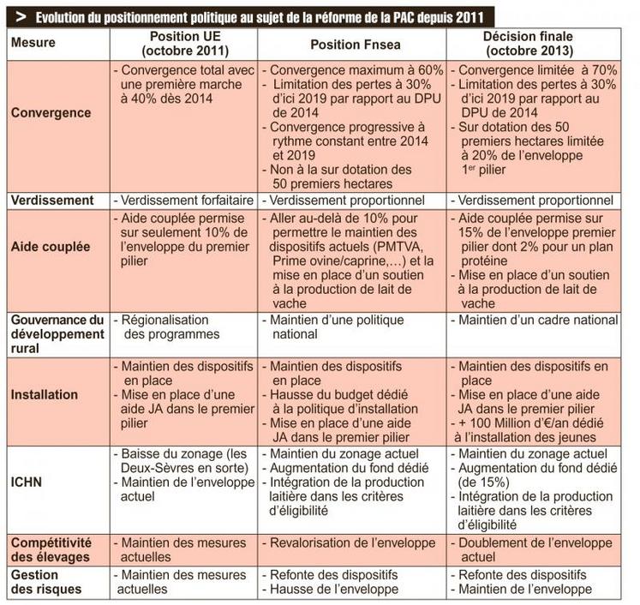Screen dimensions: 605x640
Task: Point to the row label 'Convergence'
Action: pyautogui.click(x=51, y=113)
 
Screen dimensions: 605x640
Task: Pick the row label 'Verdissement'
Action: pyautogui.click(x=52, y=200)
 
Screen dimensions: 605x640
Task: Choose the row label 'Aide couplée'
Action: pyautogui.click(x=51, y=247)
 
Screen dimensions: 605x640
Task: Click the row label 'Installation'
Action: pyautogui.click(x=46, y=395)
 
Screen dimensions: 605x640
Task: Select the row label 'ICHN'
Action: pyautogui.click(x=27, y=482)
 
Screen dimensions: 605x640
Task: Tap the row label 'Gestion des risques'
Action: pyautogui.click(x=46, y=582)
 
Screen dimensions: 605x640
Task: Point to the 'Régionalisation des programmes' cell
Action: pyautogui.click(x=171, y=326)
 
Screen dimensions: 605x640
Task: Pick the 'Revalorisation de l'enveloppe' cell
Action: pyautogui.click(x=350, y=543)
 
